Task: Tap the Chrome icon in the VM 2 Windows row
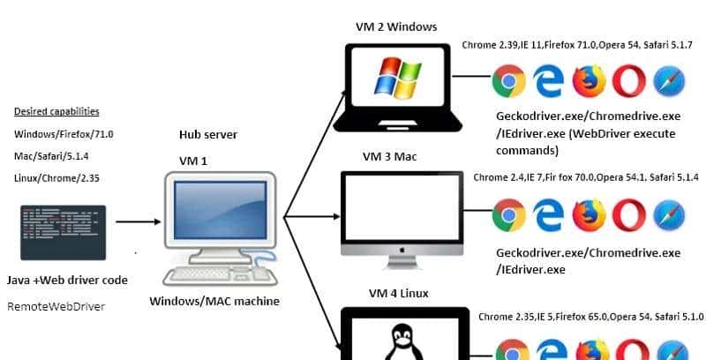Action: click(x=507, y=82)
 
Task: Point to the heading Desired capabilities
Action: click(x=56, y=112)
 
